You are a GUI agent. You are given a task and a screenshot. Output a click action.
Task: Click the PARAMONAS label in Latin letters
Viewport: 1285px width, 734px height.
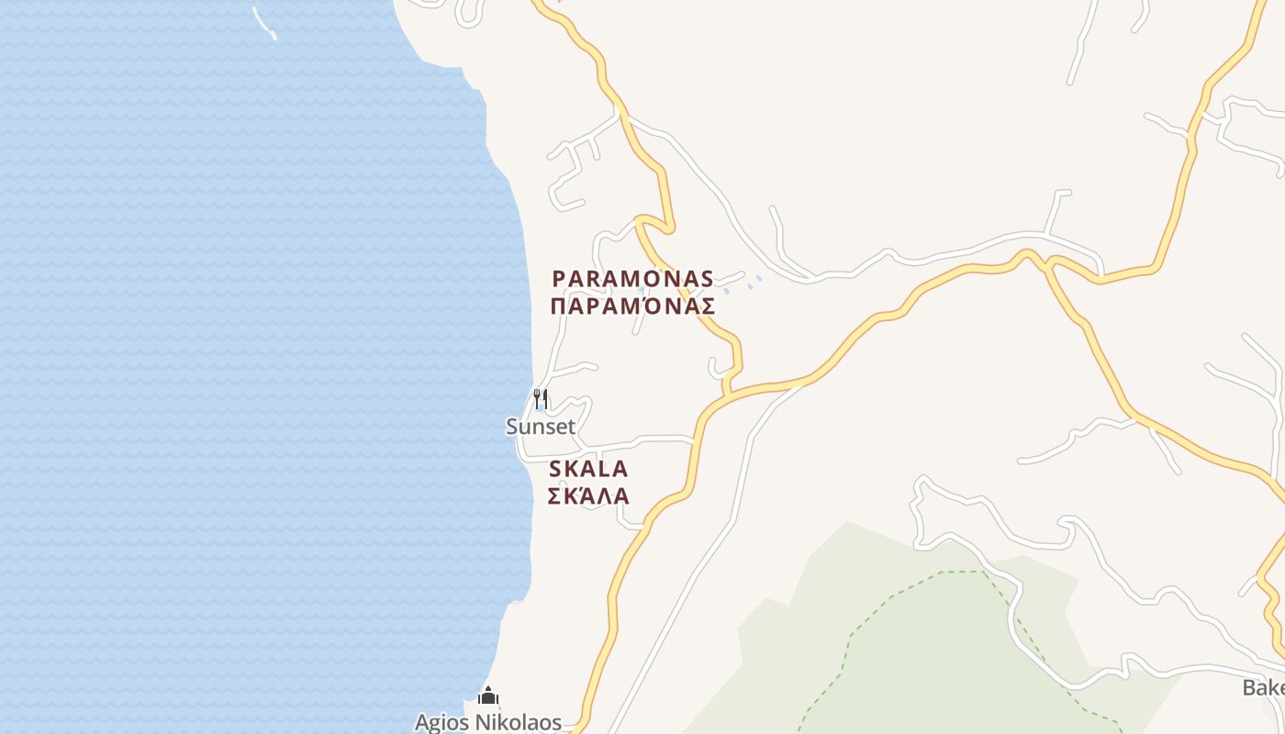pyautogui.click(x=632, y=278)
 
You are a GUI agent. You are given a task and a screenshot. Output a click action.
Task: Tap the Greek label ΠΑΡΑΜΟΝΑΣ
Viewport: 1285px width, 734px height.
pyautogui.click(x=632, y=306)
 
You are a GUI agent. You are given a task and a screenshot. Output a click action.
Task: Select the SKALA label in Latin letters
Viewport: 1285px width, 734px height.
pyautogui.click(x=588, y=469)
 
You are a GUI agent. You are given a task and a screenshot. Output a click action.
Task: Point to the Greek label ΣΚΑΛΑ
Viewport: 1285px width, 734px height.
pyautogui.click(x=588, y=496)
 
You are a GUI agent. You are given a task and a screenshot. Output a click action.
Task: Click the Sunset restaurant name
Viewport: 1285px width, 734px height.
pyautogui.click(x=541, y=427)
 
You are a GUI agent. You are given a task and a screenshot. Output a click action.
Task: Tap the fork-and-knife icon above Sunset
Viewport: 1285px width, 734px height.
pyautogui.click(x=542, y=399)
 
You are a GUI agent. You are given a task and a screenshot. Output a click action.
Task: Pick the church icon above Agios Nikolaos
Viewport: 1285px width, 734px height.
pyautogui.click(x=488, y=695)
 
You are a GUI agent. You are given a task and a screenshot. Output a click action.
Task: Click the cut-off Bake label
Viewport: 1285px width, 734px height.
pyautogui.click(x=1263, y=687)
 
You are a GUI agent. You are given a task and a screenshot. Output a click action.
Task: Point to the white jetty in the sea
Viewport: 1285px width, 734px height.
pyautogui.click(x=264, y=24)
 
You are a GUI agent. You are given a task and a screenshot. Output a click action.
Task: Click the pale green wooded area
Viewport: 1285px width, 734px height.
pyautogui.click(x=918, y=642)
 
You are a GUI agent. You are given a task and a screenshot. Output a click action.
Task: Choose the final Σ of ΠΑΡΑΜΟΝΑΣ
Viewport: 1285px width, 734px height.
pyautogui.click(x=707, y=306)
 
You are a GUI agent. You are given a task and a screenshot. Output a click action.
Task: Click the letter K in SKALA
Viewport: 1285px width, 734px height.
pyautogui.click(x=572, y=469)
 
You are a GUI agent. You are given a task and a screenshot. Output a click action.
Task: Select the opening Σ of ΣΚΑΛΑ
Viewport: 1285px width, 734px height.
pyautogui.click(x=554, y=496)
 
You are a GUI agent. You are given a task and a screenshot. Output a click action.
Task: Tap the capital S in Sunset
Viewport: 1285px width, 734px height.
pyautogui.click(x=512, y=427)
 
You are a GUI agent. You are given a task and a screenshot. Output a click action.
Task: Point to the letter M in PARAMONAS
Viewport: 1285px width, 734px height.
pyautogui.click(x=634, y=278)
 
